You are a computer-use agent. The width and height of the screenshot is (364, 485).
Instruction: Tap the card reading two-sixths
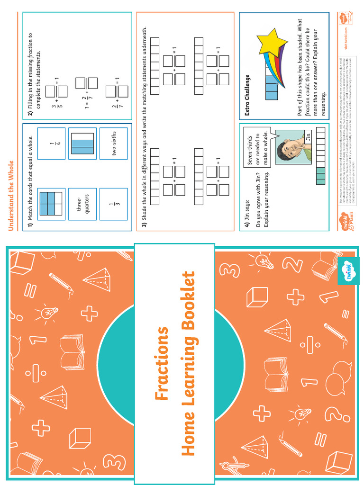point(114,143)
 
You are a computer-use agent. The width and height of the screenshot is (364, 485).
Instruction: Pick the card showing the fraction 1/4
point(51,143)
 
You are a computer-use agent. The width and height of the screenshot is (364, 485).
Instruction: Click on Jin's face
point(290,150)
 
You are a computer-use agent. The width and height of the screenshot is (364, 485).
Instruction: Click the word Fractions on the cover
point(162,363)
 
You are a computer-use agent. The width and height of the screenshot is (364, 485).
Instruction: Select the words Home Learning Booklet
point(189,363)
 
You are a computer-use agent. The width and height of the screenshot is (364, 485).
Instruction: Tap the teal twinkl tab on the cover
point(348,271)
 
